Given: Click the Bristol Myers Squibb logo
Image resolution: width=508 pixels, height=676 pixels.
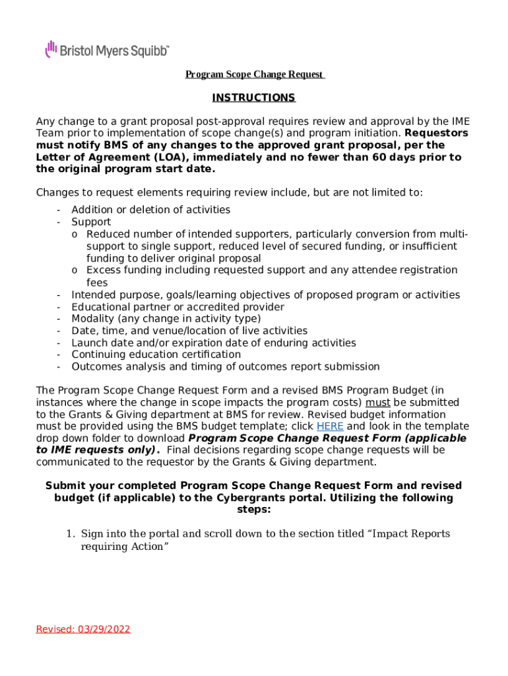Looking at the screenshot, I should pyautogui.click(x=107, y=50).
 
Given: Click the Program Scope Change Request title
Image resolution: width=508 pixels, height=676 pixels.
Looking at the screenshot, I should pyautogui.click(x=254, y=75).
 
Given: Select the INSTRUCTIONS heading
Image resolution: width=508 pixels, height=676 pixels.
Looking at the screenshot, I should pyautogui.click(x=253, y=98).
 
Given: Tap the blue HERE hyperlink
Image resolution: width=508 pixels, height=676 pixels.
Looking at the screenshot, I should pyautogui.click(x=330, y=426).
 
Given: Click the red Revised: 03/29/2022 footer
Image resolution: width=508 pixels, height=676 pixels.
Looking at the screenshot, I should pyautogui.click(x=83, y=629).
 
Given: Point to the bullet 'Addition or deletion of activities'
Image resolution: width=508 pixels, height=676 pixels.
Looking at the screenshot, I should pyautogui.click(x=150, y=210).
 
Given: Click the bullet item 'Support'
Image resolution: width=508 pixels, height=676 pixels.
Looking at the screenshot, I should pyautogui.click(x=91, y=222).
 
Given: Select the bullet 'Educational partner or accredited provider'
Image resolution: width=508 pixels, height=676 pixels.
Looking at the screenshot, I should pyautogui.click(x=177, y=307).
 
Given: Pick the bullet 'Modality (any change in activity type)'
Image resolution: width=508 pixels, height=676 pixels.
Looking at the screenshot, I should pyautogui.click(x=166, y=319).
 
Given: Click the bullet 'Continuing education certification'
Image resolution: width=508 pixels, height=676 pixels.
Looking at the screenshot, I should pyautogui.click(x=156, y=355).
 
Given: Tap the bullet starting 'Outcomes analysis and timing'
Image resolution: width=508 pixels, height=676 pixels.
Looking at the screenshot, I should pyautogui.click(x=225, y=366).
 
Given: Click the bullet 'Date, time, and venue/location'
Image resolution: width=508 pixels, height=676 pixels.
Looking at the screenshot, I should pyautogui.click(x=189, y=331).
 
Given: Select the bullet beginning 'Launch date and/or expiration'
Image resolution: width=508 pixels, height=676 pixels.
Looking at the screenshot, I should pyautogui.click(x=213, y=343).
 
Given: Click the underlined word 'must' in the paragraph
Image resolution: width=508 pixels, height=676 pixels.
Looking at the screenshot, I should pyautogui.click(x=378, y=403).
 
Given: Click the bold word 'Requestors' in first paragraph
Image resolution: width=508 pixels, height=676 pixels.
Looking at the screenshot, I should pyautogui.click(x=437, y=133).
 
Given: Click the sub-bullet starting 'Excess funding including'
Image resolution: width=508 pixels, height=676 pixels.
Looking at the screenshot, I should pyautogui.click(x=271, y=270).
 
